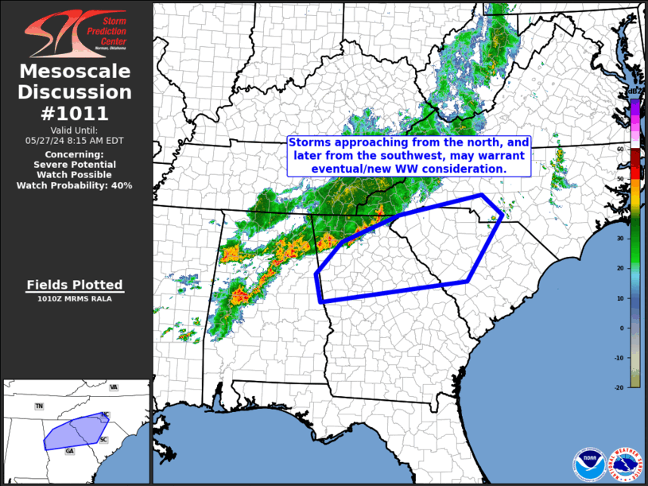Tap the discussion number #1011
pyautogui.click(x=75, y=113)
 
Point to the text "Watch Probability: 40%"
pyautogui.click(x=75, y=185)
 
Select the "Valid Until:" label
pyautogui.click(x=75, y=130)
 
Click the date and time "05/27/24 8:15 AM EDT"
pyautogui.click(x=75, y=140)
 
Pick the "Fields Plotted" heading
pyautogui.click(x=75, y=285)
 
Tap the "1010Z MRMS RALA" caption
pyautogui.click(x=75, y=299)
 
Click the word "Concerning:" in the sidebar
pyautogui.click(x=75, y=154)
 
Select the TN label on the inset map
pyautogui.click(x=39, y=406)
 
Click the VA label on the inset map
pyautogui.click(x=114, y=387)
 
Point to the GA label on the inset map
pyautogui.click(x=69, y=451)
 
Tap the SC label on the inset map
pyautogui.click(x=103, y=440)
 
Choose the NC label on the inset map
pyautogui.click(x=104, y=415)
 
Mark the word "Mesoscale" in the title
pyautogui.click(x=75, y=72)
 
